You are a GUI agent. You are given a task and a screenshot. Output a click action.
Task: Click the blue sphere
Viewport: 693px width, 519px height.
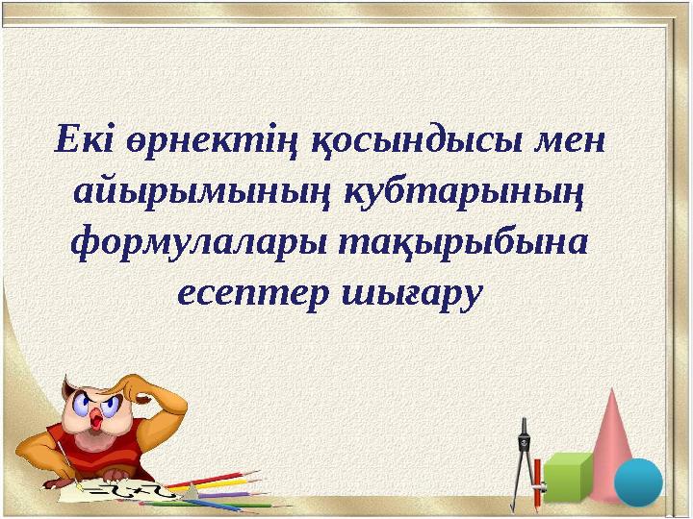pos(638,481)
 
